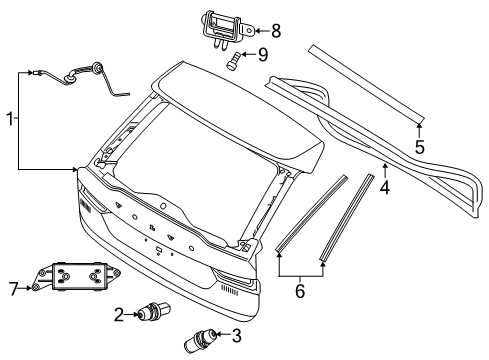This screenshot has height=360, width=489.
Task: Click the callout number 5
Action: tap(420, 147)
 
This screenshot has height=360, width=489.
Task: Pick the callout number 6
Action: tap(300, 289)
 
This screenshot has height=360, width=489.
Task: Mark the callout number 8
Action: tap(276, 31)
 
